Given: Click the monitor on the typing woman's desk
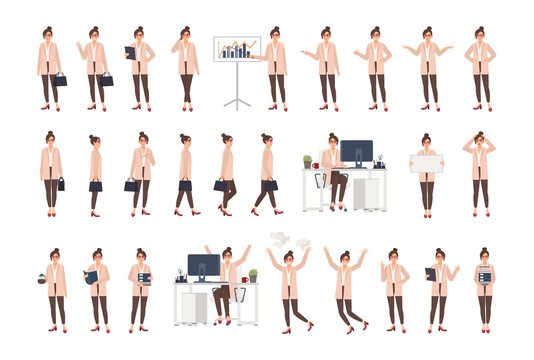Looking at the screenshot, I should (x=357, y=153).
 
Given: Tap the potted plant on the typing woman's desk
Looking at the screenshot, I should (x=307, y=161).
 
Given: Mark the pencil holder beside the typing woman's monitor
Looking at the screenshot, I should (x=379, y=161).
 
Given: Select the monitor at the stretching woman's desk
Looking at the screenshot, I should (x=203, y=267).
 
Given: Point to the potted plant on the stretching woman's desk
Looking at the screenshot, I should (x=253, y=275).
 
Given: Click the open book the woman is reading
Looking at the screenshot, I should (x=91, y=276).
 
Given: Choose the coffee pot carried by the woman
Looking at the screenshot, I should (x=42, y=279).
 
